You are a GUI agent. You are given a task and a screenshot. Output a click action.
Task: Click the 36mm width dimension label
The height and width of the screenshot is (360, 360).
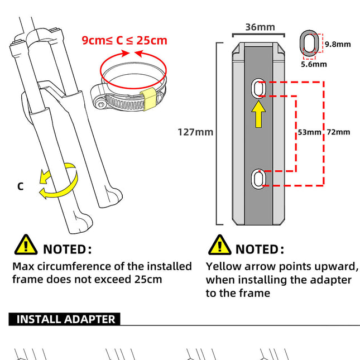pyautogui.click(x=260, y=27)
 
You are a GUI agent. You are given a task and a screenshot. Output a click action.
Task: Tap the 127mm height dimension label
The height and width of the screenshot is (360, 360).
pyautogui.click(x=195, y=132)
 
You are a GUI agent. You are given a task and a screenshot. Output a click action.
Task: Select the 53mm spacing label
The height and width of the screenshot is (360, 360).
pyautogui.click(x=309, y=132)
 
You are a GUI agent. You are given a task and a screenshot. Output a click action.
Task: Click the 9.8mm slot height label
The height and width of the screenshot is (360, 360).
pyautogui.click(x=338, y=44)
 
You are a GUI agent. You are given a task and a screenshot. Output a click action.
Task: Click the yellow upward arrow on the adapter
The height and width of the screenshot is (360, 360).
pyautogui.click(x=259, y=115)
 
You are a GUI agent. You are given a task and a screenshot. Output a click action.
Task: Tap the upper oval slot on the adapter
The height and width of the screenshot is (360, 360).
pyautogui.click(x=259, y=88)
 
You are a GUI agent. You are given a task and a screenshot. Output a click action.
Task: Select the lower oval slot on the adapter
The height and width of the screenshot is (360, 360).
pyautogui.click(x=259, y=178)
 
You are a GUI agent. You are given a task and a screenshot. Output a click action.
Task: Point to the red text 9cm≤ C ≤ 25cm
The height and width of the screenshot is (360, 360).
pyautogui.click(x=124, y=40)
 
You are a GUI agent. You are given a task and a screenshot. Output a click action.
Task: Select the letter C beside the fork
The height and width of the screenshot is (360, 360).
pyautogui.click(x=20, y=186)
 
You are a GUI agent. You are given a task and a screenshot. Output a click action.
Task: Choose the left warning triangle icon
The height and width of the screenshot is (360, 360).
pyautogui.click(x=25, y=245)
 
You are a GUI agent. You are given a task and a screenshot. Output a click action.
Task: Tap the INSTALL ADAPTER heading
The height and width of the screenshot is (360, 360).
pyautogui.click(x=65, y=319)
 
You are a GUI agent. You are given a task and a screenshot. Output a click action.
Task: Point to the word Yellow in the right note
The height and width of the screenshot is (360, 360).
pyautogui.click(x=224, y=266)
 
